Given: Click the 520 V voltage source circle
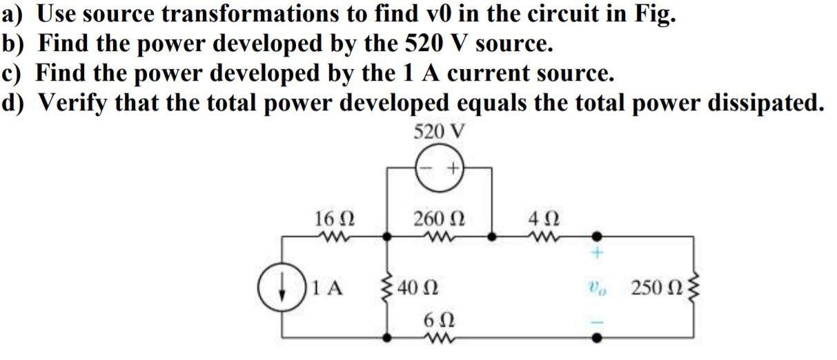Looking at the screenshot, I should click(x=439, y=168).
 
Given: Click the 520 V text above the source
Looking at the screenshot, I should click(x=439, y=130).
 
